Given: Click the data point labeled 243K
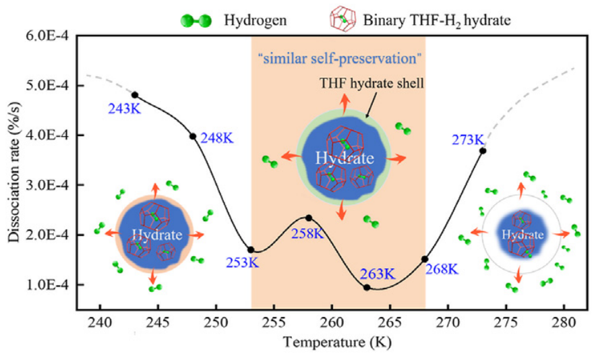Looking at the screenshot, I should coord(135,95).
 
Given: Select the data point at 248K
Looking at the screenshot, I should coord(193,136).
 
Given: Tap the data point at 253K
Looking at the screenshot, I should coord(251,249).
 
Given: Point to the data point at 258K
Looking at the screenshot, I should coord(309,218).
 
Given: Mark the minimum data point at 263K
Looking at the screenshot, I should coord(367,288).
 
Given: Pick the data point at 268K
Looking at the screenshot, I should coord(425,259).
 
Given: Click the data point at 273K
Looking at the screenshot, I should coord(483,150).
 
